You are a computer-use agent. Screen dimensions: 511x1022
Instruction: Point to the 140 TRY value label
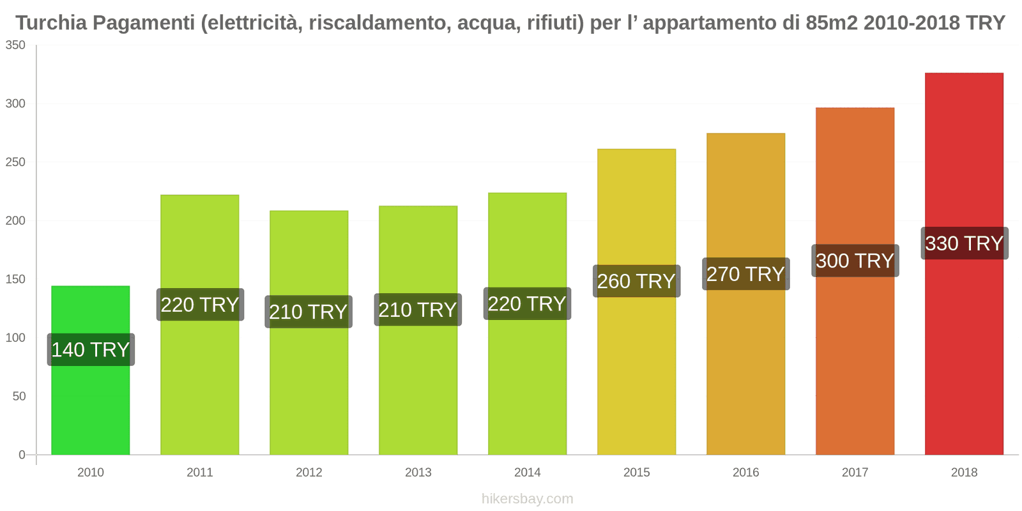pos(91,349)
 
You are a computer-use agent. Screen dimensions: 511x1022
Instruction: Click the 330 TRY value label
pos(964,243)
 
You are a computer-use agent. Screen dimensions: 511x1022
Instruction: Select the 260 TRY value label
pos(636,281)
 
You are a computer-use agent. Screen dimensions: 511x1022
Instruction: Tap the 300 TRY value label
pos(855,261)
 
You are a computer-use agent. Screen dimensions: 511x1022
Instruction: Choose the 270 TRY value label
pos(745,274)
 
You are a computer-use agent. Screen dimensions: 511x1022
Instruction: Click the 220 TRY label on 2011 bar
pos(200,305)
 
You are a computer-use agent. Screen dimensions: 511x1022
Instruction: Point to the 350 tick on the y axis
pos(15,45)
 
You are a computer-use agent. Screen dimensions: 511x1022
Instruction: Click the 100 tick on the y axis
pos(15,338)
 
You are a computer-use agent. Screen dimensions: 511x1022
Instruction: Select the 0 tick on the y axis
pos(22,455)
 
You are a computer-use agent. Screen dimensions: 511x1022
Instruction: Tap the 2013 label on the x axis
pos(418,473)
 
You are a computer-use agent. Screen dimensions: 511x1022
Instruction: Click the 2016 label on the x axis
pos(745,473)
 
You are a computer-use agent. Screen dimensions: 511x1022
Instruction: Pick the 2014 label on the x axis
pos(527,473)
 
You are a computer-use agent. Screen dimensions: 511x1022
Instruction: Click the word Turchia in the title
pos(51,23)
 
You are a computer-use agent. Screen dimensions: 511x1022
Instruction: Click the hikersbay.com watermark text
pos(527,499)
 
